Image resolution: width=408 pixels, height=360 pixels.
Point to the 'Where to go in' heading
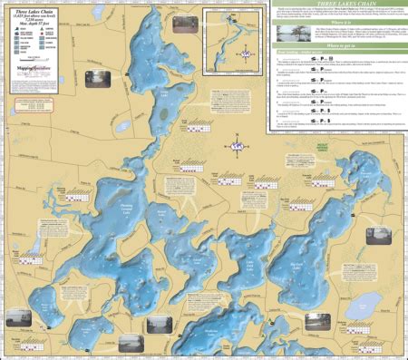(336, 44)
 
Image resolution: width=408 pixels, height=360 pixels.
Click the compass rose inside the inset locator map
(243, 56)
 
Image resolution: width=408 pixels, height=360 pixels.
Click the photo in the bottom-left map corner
(16, 316)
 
